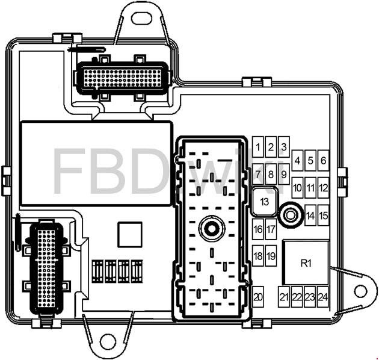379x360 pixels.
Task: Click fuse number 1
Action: tap(258, 147)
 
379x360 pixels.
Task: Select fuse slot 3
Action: tap(284, 147)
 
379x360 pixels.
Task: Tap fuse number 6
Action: tap(324, 160)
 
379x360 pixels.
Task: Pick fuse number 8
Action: tap(271, 174)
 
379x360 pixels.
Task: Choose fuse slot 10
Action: tap(298, 188)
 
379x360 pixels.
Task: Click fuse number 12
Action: tap(324, 188)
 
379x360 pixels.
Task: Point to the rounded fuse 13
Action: tap(265, 201)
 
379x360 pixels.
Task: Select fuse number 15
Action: tap(324, 215)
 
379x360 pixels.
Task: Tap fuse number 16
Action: tap(258, 229)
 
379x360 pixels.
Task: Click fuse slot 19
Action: tap(271, 256)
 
